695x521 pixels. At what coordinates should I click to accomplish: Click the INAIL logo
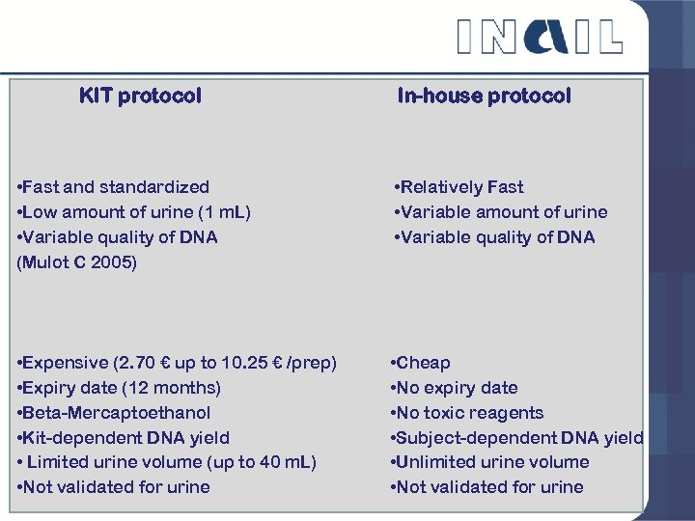point(539,36)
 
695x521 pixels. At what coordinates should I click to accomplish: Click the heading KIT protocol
point(140,96)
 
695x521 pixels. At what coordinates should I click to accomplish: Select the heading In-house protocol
point(484,96)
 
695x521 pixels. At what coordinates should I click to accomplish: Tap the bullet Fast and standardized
point(114,186)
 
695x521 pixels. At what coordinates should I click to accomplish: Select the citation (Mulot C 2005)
point(77,261)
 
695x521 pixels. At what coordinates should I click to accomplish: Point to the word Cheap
point(423,363)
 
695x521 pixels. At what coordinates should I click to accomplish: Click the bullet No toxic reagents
point(467,413)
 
